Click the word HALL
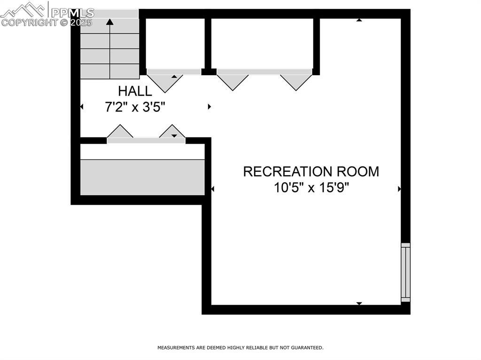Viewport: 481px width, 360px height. pyautogui.click(x=135, y=91)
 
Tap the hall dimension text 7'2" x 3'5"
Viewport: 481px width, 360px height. pyautogui.click(x=135, y=107)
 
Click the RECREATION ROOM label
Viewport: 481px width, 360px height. pyautogui.click(x=311, y=172)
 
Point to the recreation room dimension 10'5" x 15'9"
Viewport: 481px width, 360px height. pyautogui.click(x=311, y=188)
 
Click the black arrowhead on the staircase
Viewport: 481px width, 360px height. pyautogui.click(x=110, y=22)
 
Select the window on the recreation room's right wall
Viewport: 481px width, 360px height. pyautogui.click(x=405, y=272)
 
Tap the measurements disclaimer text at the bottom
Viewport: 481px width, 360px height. pyautogui.click(x=240, y=348)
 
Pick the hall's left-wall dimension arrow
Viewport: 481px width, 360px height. pyautogui.click(x=82, y=107)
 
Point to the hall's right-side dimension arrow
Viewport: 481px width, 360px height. pyautogui.click(x=209, y=107)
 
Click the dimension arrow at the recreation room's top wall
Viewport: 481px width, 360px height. pyautogui.click(x=359, y=20)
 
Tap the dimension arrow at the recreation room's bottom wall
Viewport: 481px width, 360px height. pyautogui.click(x=359, y=303)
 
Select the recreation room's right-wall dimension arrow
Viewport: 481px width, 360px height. pyautogui.click(x=399, y=189)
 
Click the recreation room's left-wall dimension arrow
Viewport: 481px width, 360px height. pyautogui.click(x=213, y=189)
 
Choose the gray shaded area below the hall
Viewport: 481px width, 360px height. pyautogui.click(x=143, y=177)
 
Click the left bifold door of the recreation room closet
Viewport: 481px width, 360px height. pyautogui.click(x=233, y=81)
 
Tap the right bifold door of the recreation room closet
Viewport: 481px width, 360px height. pyautogui.click(x=296, y=81)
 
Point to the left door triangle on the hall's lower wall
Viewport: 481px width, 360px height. pyautogui.click(x=120, y=132)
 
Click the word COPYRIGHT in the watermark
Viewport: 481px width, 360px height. pyautogui.click(x=29, y=23)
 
